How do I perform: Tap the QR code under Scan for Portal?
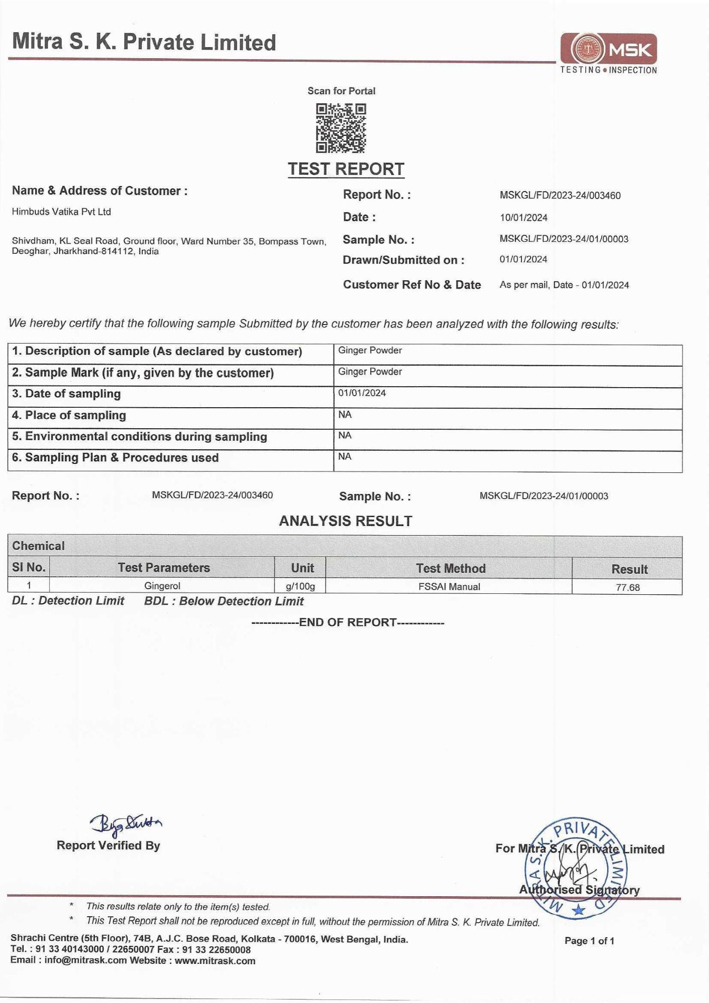coord(341,128)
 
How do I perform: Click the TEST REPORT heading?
coord(346,169)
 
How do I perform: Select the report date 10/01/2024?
coord(523,218)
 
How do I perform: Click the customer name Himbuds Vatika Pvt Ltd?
coord(61,212)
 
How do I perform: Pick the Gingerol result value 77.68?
coord(628,587)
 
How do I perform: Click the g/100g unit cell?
coord(300,586)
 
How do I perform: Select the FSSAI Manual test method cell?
coord(449,587)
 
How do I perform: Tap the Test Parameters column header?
coord(163,568)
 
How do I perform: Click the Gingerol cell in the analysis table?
coord(162,586)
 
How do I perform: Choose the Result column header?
coord(629,569)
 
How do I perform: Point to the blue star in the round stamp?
coord(579,910)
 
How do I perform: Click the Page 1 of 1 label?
coord(589,941)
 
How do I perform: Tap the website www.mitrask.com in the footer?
coord(215,961)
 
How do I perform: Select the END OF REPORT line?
coord(347,622)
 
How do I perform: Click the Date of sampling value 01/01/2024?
coord(362,393)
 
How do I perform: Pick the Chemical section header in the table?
coord(39,546)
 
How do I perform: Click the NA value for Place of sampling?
coord(345,415)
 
